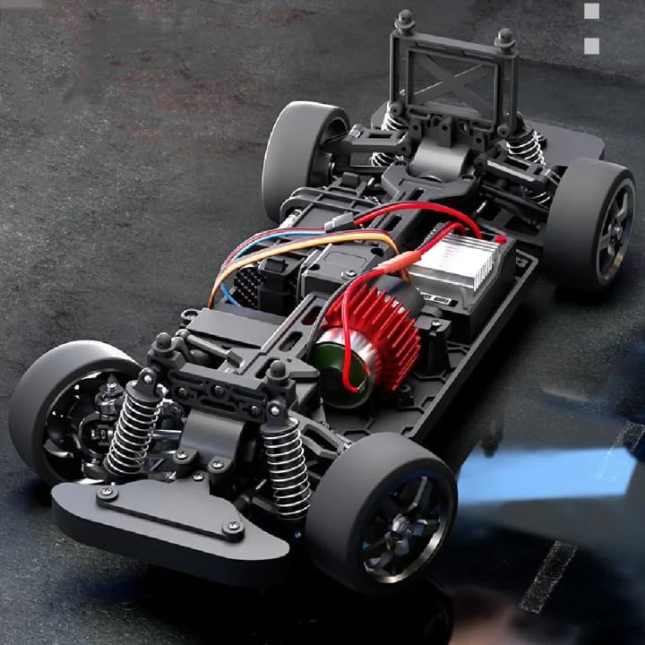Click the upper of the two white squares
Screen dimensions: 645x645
click(x=591, y=12)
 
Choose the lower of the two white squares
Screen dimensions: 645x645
click(x=591, y=46)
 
